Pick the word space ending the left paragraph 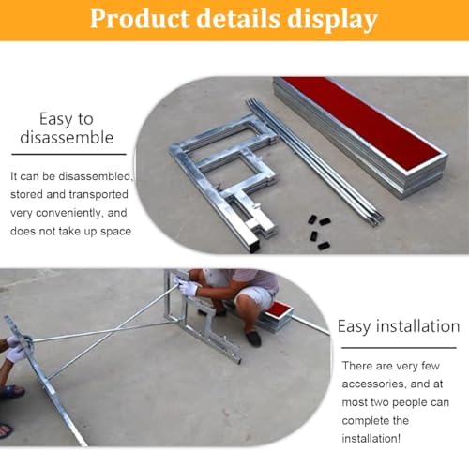pyautogui.click(x=113, y=231)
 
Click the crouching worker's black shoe pyautogui.click(x=253, y=338)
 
